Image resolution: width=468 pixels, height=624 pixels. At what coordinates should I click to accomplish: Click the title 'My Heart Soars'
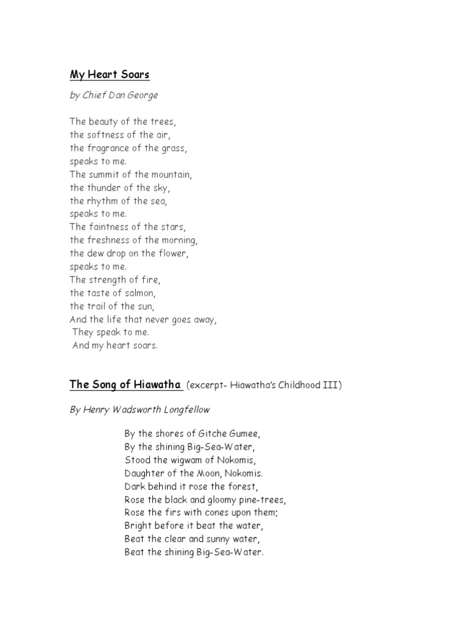point(110,75)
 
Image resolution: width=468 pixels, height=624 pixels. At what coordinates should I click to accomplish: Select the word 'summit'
point(106,175)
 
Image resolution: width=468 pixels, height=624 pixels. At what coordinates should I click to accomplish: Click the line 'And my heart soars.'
point(115,346)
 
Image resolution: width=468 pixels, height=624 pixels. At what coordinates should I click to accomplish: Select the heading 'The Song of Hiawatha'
point(126,385)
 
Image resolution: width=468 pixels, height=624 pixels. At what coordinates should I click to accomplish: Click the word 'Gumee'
point(244,434)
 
